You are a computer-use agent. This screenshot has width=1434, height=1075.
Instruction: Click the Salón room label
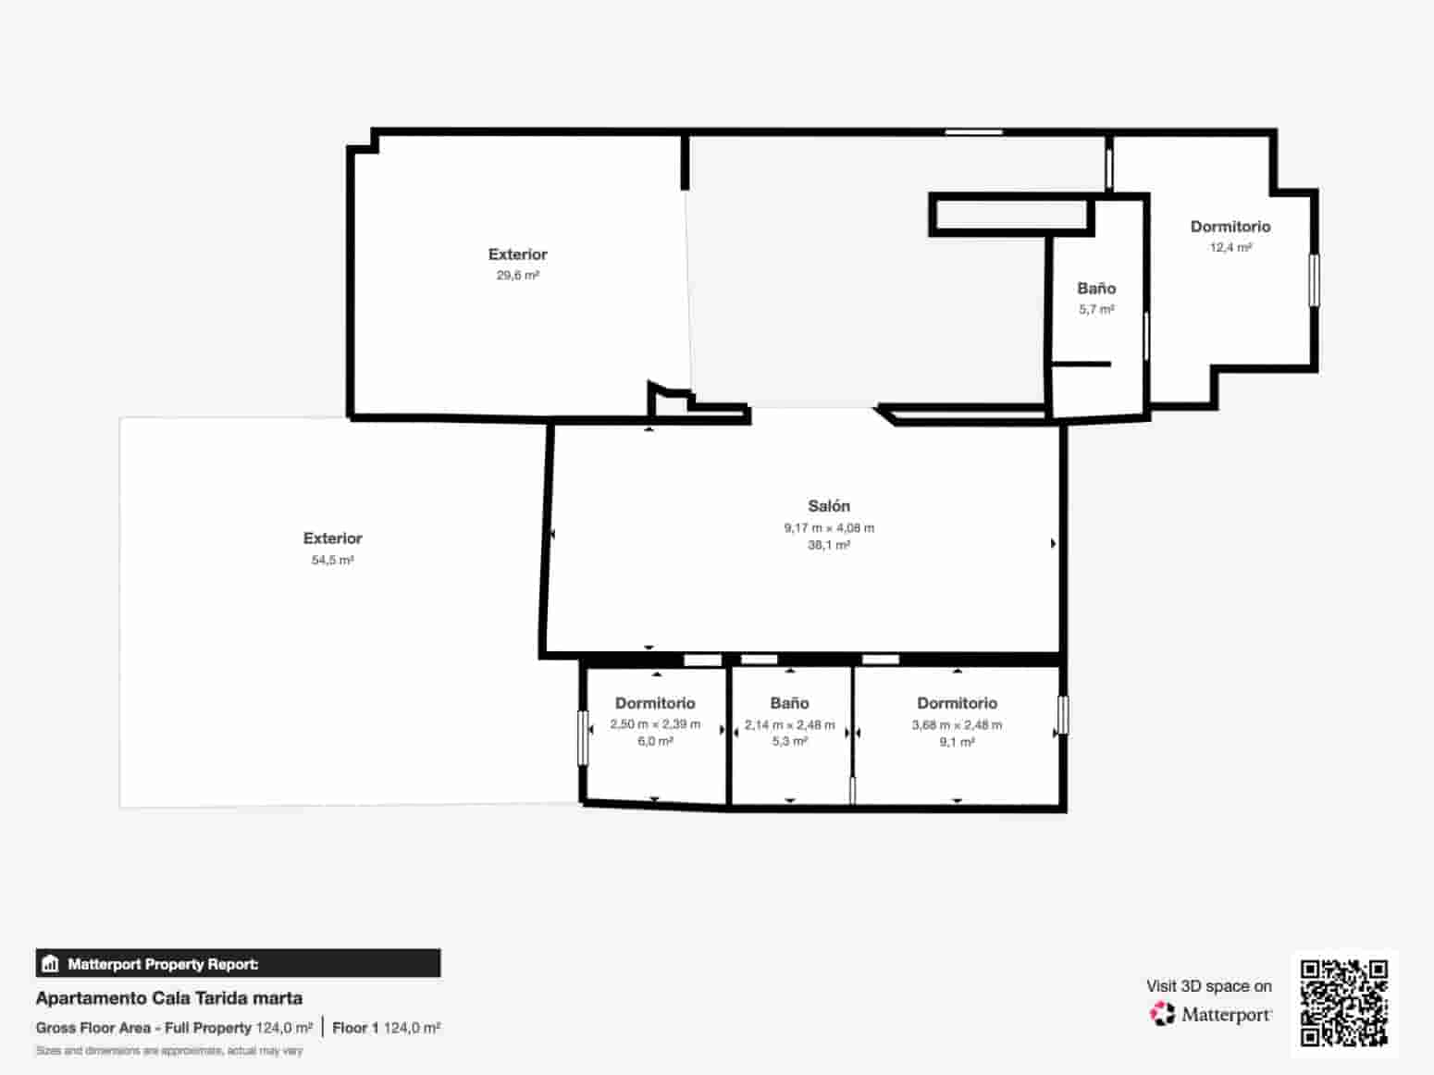pos(828,506)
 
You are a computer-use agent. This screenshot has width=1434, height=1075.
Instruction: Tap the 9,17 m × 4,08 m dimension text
pos(828,528)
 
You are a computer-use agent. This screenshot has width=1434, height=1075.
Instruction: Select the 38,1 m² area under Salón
pos(828,545)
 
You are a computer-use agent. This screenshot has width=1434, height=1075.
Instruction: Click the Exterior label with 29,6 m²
pos(517,254)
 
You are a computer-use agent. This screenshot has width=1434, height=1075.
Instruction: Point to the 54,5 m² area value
pos(332,560)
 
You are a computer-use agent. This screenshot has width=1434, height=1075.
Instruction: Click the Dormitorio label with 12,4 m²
pos(1230,227)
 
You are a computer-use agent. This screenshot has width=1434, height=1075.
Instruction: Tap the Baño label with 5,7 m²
pos(1096,289)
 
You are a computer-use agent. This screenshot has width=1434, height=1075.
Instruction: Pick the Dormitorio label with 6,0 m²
pos(655,703)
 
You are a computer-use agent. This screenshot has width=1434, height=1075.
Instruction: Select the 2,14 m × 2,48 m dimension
pos(789,724)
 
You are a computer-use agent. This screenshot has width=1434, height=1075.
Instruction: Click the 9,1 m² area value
pos(957,741)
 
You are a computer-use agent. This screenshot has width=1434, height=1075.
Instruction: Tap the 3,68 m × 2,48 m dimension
pos(957,724)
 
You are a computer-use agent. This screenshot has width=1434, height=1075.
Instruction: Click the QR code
pos(1343,1003)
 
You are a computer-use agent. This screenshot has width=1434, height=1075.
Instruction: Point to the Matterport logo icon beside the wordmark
pos(1162,1014)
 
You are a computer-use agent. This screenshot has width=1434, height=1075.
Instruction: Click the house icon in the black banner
pos(51,964)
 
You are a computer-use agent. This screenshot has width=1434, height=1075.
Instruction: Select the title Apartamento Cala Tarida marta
pos(169,998)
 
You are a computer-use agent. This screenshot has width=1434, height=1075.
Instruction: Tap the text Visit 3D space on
pos(1208,986)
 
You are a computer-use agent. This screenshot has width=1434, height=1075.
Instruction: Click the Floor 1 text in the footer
pos(355,1028)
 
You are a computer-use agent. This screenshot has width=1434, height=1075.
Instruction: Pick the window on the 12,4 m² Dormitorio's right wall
pos(1313,279)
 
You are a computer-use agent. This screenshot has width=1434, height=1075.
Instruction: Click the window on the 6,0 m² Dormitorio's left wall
pos(583,737)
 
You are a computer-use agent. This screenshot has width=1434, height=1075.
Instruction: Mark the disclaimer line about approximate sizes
pos(169,1051)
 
